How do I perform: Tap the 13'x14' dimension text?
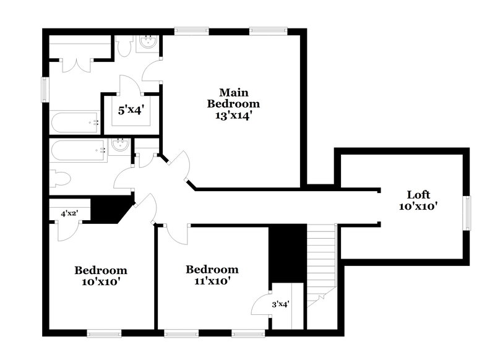(x=233, y=115)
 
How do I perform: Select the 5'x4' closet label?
(x=131, y=111)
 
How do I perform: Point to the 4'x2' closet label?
(x=69, y=213)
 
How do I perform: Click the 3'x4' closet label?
(x=280, y=304)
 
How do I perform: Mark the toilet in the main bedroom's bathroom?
(x=124, y=46)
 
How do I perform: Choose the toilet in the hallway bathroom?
(x=60, y=179)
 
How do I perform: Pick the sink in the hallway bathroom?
(x=120, y=145)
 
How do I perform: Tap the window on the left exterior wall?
(x=44, y=88)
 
